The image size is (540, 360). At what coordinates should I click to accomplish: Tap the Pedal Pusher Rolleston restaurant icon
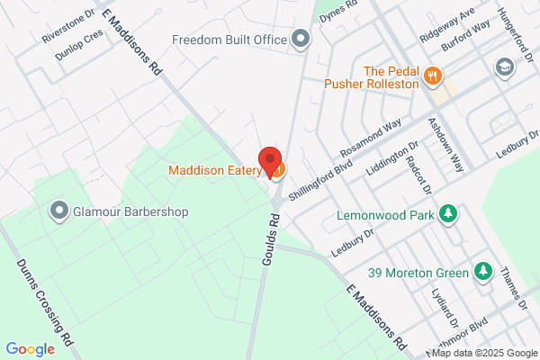tap(433, 76)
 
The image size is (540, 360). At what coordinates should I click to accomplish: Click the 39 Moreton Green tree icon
tap(483, 271)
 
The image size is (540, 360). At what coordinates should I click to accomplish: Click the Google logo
tap(30, 349)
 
